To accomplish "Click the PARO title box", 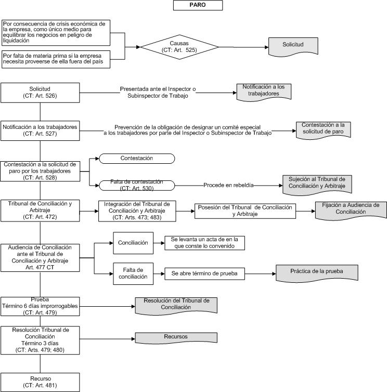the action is tap(198, 5).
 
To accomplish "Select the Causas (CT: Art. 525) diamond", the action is tap(179, 47).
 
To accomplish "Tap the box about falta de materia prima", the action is tap(56, 59).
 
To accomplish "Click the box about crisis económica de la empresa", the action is tap(56, 33).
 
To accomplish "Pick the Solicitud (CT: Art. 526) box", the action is tap(40, 93).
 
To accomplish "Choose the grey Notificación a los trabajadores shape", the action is tap(264, 92).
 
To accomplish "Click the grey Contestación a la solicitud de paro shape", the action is tap(323, 129).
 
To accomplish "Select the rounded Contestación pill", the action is tap(137, 159).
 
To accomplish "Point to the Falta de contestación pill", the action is tap(137, 186).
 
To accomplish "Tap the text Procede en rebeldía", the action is tap(228, 185).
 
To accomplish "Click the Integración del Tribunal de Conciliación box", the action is tap(137, 211).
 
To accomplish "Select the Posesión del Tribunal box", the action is tap(245, 211).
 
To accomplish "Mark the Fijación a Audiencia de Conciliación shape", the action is tap(351, 210).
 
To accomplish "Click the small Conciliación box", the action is tap(133, 243).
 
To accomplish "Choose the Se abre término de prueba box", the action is tap(204, 274).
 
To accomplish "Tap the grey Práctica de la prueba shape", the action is tap(317, 273).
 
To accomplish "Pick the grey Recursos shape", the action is tap(176, 338).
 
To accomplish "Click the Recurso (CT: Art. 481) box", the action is tap(40, 382).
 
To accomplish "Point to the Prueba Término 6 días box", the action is tap(40, 306).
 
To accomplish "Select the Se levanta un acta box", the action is tap(204, 243).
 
